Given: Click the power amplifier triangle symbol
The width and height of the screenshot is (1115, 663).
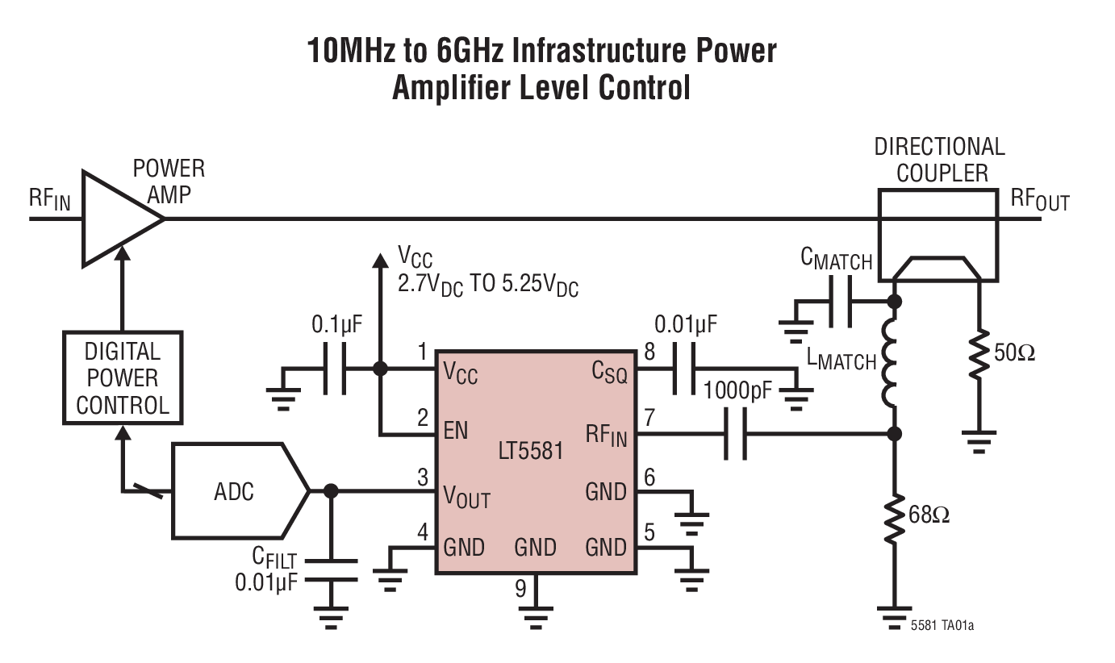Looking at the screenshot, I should pos(117,219).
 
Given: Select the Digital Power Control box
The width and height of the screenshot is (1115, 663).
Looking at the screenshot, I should pos(123,378).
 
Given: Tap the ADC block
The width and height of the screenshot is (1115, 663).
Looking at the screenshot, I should pos(234,491).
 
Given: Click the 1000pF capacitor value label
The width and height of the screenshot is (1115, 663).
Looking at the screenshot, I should pos(738,392).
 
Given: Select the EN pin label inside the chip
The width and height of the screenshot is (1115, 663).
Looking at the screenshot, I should pos(456,430).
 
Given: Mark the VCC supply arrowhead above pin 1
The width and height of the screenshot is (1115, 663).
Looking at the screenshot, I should pos(378,260).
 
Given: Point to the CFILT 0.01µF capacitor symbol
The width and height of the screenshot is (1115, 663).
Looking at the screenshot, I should pos(330,569).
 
